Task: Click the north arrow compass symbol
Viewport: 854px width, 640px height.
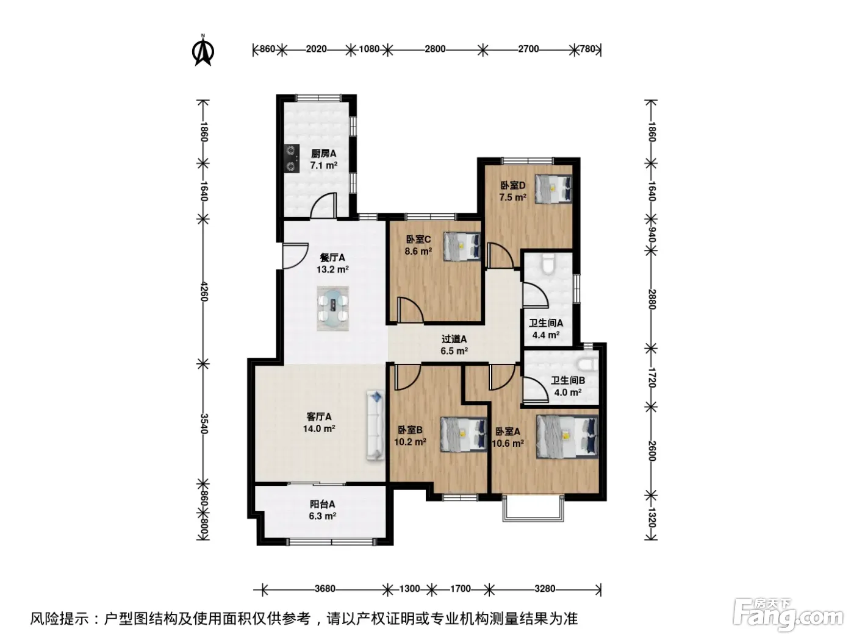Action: click(x=203, y=51)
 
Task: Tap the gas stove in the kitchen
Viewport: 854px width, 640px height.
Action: click(x=292, y=158)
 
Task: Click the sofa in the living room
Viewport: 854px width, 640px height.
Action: click(x=375, y=426)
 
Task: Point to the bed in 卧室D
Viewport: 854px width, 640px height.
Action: click(x=553, y=189)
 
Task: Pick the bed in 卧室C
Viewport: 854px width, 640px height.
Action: click(x=462, y=246)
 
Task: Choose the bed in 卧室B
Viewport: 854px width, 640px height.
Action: click(x=464, y=435)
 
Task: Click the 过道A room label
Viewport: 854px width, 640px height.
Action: click(x=454, y=340)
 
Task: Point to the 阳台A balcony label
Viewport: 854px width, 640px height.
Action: click(x=323, y=505)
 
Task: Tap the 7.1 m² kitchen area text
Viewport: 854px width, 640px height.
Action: click(x=324, y=165)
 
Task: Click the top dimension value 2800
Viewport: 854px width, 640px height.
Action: click(x=435, y=49)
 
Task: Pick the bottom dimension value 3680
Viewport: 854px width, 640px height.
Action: click(x=325, y=589)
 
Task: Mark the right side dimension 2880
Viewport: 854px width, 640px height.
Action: click(x=652, y=299)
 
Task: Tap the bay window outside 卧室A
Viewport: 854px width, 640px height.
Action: click(x=533, y=508)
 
